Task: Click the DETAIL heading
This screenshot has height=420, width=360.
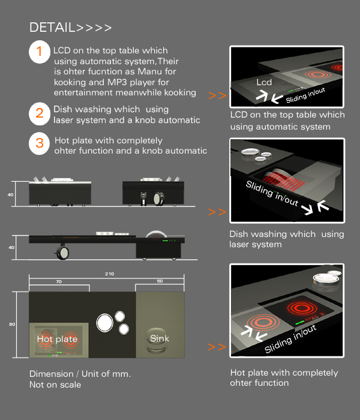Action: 70,28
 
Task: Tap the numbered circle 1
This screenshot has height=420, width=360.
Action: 40,52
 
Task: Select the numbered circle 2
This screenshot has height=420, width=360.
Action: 40,113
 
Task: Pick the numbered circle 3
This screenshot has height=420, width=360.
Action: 40,143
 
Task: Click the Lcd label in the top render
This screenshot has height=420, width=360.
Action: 264,82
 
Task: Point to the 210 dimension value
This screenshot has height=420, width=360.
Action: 109,274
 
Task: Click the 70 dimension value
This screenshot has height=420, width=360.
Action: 59,281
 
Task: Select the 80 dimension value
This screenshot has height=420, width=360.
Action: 12,324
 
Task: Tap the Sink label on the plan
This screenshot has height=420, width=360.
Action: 160,338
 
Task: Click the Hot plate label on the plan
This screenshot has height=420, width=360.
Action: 57,339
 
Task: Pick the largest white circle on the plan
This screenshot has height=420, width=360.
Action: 105,323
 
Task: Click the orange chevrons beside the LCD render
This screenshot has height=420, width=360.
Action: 217,95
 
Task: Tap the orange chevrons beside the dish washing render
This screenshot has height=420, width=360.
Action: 217,212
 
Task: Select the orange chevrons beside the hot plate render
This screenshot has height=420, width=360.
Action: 217,347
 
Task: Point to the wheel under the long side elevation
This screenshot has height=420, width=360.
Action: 62,253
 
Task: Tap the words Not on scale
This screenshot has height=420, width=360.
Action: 55,385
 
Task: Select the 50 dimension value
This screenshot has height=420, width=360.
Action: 160,281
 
